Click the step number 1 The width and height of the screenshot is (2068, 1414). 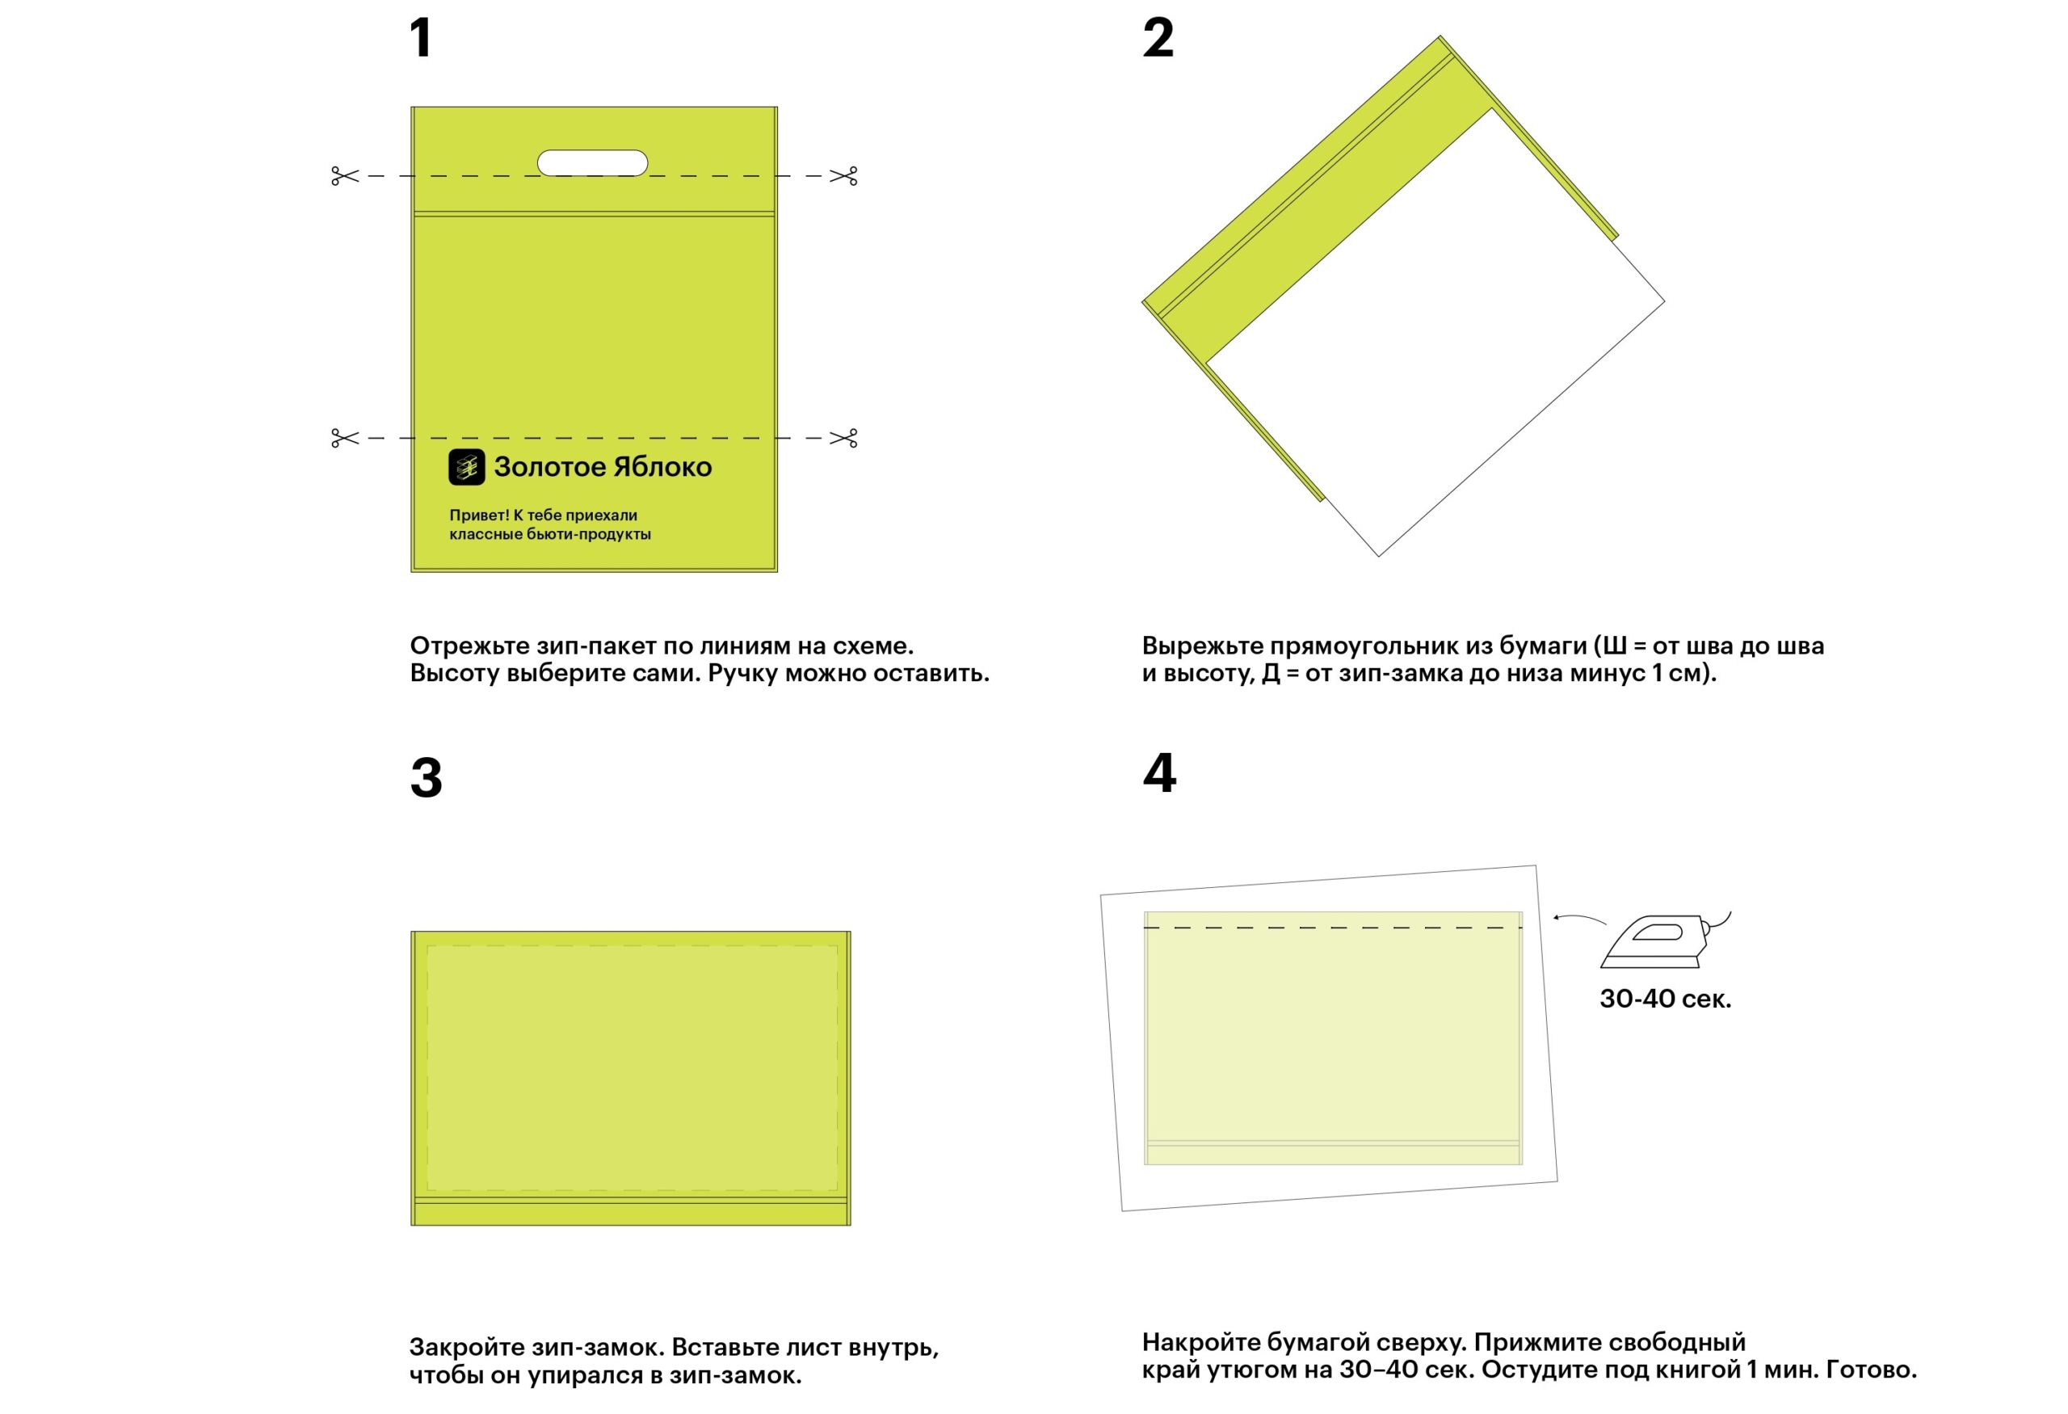(421, 38)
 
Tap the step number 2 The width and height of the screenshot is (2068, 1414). (1158, 38)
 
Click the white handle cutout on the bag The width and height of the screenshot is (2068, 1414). (593, 163)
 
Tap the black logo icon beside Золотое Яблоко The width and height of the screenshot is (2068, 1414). (466, 467)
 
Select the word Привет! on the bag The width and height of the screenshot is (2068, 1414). (479, 516)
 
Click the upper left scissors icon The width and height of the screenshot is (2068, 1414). (344, 176)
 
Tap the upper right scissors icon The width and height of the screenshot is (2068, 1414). (843, 176)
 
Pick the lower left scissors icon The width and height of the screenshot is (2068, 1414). (344, 438)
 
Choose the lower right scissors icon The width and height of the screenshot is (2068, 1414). (843, 438)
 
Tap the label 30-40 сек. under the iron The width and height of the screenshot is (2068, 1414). (1665, 999)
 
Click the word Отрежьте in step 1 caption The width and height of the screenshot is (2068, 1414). (470, 646)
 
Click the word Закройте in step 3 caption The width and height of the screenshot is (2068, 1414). (467, 1347)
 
